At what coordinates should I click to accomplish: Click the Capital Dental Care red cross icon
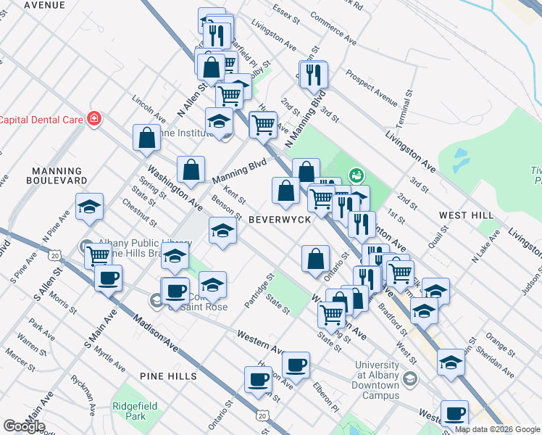pyautogui.click(x=93, y=118)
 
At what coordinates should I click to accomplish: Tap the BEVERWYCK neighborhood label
pyautogui.click(x=280, y=219)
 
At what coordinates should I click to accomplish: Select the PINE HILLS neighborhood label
pyautogui.click(x=167, y=376)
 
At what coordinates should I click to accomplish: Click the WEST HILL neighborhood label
pyautogui.click(x=466, y=215)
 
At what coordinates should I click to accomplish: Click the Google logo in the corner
pyautogui.click(x=24, y=426)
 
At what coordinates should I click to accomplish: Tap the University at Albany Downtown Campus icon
pyautogui.click(x=411, y=378)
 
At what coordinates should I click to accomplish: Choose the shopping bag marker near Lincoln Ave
pyautogui.click(x=146, y=138)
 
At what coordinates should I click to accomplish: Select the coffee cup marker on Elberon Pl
pyautogui.click(x=295, y=365)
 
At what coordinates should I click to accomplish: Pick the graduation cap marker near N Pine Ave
pyautogui.click(x=89, y=207)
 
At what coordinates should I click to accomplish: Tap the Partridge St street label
pyautogui.click(x=259, y=291)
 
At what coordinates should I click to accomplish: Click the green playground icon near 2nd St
pyautogui.click(x=356, y=174)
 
